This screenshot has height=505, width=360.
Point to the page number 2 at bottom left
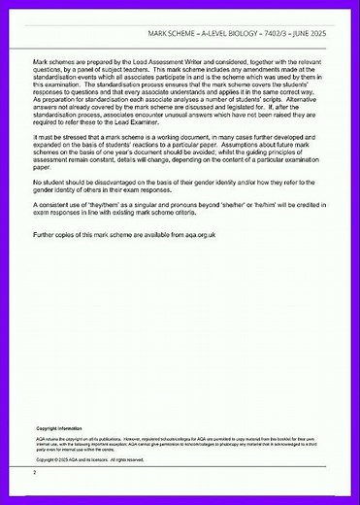coord(34,472)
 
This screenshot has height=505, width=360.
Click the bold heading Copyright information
coord(58,428)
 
